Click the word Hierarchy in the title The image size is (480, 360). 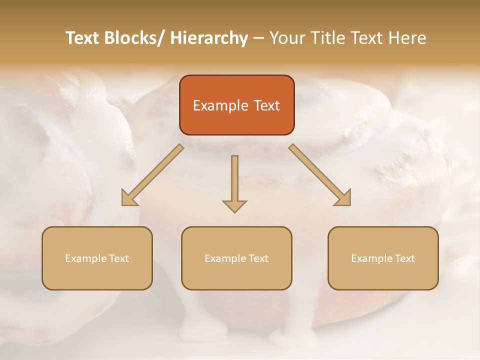click(209, 38)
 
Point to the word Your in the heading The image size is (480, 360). click(286, 38)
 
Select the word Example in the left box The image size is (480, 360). click(85, 258)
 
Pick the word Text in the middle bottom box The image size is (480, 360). click(257, 258)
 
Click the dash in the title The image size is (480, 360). click(258, 38)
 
